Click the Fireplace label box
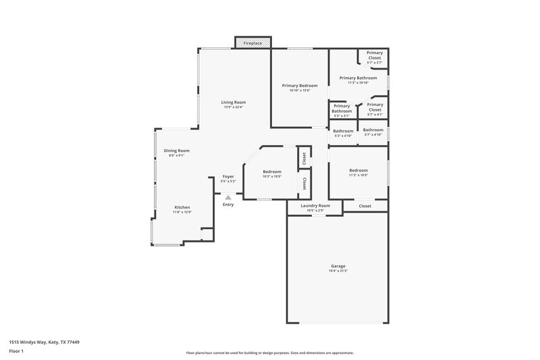(254, 43)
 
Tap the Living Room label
(233, 103)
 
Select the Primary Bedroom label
(300, 86)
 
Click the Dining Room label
(177, 151)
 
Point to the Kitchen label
(182, 207)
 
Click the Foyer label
(228, 177)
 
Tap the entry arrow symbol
(228, 197)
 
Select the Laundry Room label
(315, 205)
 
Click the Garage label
(338, 265)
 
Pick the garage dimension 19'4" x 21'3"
(338, 271)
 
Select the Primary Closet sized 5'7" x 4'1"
(374, 109)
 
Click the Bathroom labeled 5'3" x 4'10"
(344, 133)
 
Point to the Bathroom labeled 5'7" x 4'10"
(373, 132)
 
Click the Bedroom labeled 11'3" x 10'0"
(358, 172)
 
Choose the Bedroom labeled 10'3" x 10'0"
(272, 174)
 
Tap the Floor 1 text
(16, 352)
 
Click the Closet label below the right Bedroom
(364, 206)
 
